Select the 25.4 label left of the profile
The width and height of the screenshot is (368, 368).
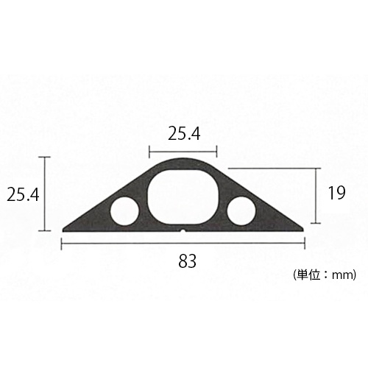pos(23,194)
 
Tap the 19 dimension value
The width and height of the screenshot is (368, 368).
pos(336,194)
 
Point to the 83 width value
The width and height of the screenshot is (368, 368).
pos(187,261)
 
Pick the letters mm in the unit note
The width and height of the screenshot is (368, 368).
pos(342,276)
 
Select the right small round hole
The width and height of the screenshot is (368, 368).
pos(241,211)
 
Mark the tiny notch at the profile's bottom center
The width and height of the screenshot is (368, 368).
pos(183,230)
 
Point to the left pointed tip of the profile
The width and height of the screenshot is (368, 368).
pos(64,229)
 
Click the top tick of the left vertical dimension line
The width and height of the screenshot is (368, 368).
pos(46,157)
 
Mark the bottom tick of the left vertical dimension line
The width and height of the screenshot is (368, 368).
pos(46,231)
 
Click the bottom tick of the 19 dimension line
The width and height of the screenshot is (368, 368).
pos(316,223)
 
